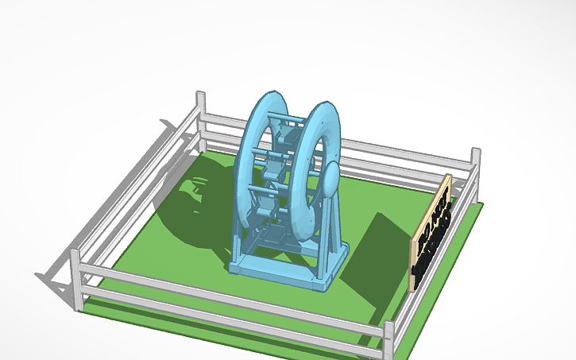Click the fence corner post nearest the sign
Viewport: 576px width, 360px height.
[476, 163]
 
